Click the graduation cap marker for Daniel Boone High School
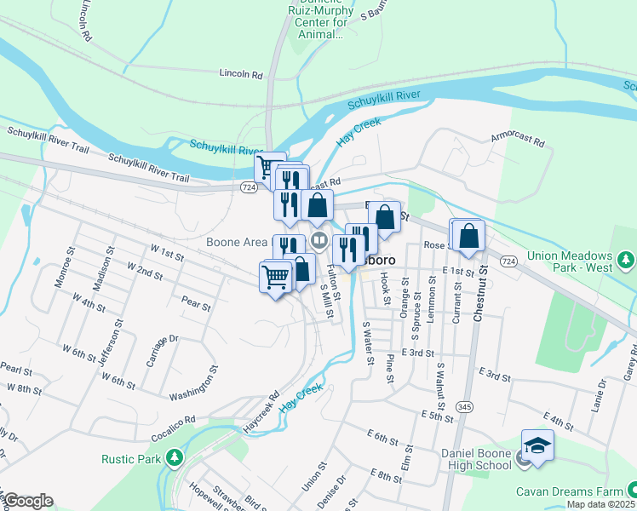pyautogui.click(x=537, y=445)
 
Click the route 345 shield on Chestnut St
pyautogui.click(x=466, y=408)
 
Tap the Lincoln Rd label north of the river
pyautogui.click(x=240, y=74)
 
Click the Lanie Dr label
pyautogui.click(x=592, y=397)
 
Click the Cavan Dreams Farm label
pyautogui.click(x=570, y=492)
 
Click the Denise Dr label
pyautogui.click(x=337, y=492)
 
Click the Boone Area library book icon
pyautogui.click(x=319, y=240)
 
